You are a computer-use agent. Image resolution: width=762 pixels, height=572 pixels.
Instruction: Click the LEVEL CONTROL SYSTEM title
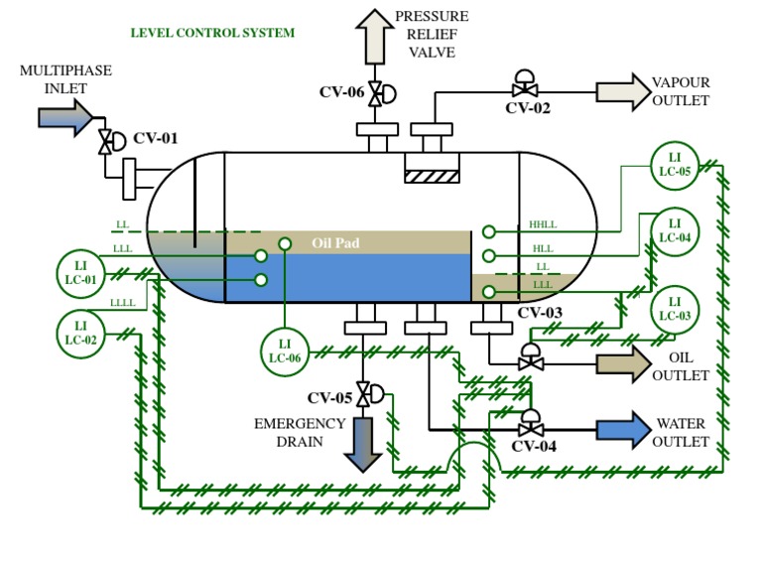tap(212, 33)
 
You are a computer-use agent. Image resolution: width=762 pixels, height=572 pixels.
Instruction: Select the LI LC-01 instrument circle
tap(81, 271)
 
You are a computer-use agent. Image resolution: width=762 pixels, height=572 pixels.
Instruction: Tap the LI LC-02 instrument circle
tap(81, 333)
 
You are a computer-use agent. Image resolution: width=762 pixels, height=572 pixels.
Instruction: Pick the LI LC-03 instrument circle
tap(675, 308)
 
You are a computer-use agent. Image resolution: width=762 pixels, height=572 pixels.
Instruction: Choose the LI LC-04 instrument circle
tap(675, 231)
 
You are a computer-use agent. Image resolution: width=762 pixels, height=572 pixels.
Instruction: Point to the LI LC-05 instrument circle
tap(675, 165)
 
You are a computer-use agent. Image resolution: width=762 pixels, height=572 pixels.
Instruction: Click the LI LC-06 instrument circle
tap(284, 351)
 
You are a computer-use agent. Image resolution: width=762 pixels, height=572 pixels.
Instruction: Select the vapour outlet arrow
tap(620, 91)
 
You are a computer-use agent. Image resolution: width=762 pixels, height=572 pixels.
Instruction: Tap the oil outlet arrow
tap(621, 363)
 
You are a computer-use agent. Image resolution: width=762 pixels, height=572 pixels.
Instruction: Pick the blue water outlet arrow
tap(621, 429)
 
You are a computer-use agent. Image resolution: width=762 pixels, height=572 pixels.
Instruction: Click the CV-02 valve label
tap(527, 108)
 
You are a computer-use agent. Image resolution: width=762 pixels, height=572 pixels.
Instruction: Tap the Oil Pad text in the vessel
tap(335, 241)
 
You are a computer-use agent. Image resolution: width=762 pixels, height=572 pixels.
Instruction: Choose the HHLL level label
tap(544, 224)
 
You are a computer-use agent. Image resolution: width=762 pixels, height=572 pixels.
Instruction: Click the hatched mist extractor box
tap(432, 175)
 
